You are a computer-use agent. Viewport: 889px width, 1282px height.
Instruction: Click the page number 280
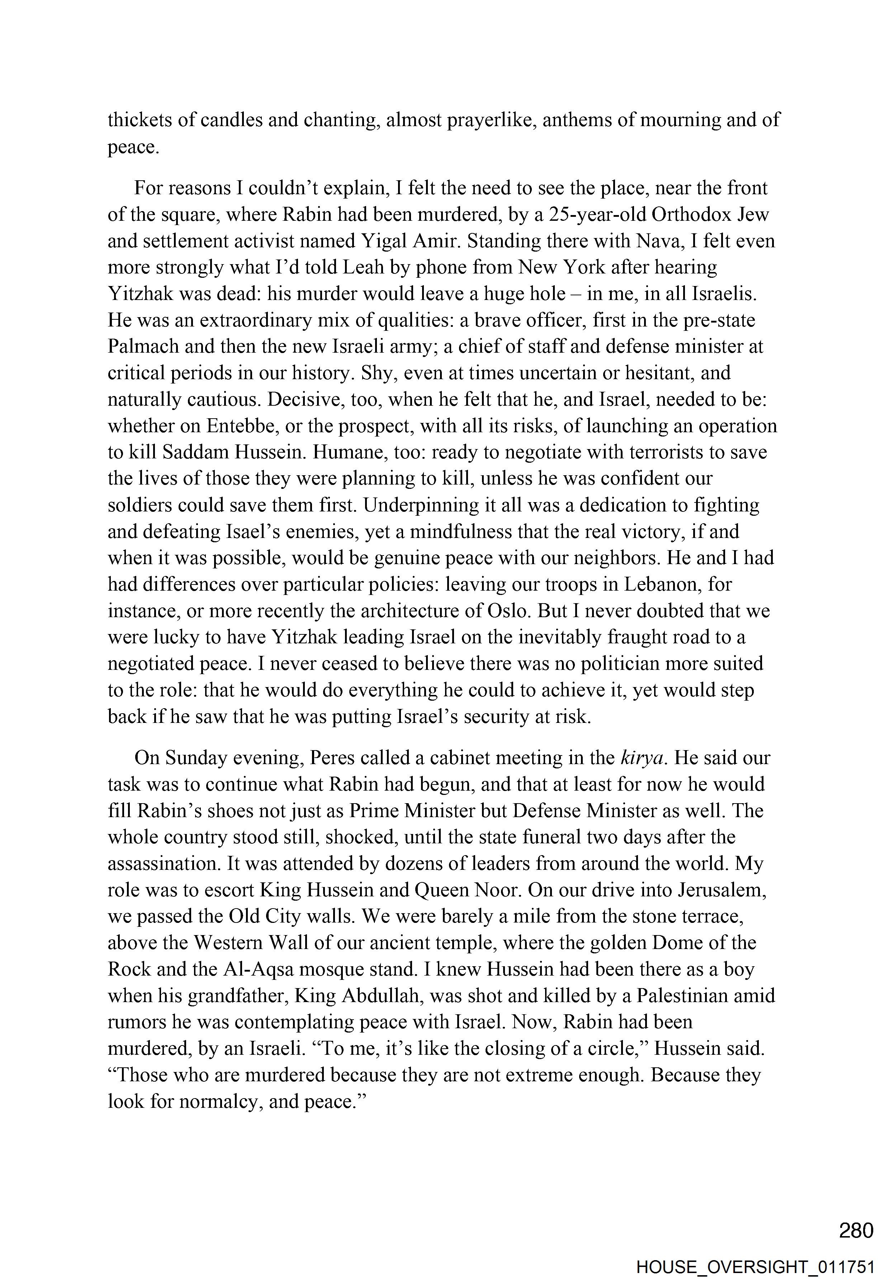(x=856, y=1230)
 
